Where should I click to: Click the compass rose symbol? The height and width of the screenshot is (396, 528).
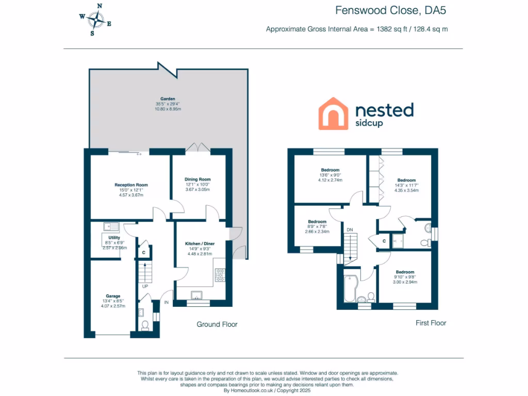[x=95, y=20]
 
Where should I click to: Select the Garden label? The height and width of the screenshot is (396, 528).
[x=168, y=98]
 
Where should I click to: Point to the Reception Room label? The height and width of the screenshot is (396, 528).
[x=131, y=185]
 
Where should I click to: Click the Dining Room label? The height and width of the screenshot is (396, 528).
[x=197, y=179]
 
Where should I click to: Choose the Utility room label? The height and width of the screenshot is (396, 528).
[x=114, y=238]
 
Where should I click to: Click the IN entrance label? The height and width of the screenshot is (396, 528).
[x=166, y=303]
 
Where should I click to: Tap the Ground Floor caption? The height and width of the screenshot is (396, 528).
[x=217, y=324]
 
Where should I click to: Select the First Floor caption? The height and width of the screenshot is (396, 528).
[x=431, y=323]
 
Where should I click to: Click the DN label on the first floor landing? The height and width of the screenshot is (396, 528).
[x=350, y=229]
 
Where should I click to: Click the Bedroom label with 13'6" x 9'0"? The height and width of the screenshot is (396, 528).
[x=330, y=170]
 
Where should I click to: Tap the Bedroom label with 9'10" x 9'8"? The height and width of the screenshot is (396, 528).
[x=405, y=272]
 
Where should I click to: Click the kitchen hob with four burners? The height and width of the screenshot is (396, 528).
[x=220, y=275]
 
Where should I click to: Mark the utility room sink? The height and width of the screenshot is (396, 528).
[x=110, y=226]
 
